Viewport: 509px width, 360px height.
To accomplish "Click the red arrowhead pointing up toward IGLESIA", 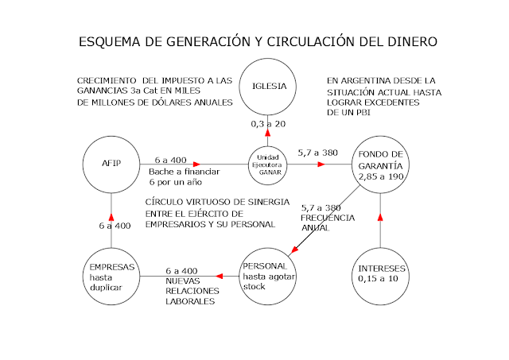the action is (x=268, y=133).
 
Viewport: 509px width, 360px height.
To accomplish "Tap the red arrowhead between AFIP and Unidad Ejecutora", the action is (x=196, y=165).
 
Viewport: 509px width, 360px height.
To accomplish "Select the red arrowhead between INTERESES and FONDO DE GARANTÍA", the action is (x=380, y=217).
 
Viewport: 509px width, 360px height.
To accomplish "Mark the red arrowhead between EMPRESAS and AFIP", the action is (x=111, y=217).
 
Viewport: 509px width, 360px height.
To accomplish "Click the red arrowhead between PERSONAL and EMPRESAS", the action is (x=220, y=277).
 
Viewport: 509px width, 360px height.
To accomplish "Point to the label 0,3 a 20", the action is (x=268, y=124).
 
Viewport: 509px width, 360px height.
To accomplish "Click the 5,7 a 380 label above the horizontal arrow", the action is (x=318, y=153).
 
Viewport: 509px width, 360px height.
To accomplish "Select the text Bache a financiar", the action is (x=185, y=172).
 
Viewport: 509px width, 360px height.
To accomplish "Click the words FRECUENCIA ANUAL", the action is (x=328, y=223).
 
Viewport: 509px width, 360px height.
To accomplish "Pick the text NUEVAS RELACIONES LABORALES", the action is (x=192, y=291).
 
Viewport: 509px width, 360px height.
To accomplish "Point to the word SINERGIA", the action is (x=269, y=202).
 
